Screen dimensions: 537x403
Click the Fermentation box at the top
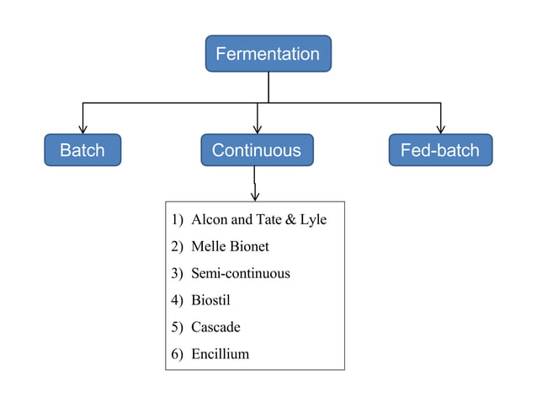click(x=268, y=53)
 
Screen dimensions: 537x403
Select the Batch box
click(x=82, y=150)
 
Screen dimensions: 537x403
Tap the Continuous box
click(x=257, y=150)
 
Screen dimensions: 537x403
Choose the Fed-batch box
click(x=440, y=150)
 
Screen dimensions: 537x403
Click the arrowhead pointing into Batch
click(x=82, y=130)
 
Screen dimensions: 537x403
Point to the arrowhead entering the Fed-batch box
click(x=441, y=130)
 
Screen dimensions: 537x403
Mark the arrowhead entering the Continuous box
click(x=258, y=130)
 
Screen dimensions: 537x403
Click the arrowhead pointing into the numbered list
click(x=255, y=197)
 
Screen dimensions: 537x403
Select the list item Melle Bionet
click(x=230, y=246)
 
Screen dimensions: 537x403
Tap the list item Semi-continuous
click(x=241, y=273)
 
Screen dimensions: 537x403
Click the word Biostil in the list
click(x=210, y=300)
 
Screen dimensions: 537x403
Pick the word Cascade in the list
click(x=215, y=327)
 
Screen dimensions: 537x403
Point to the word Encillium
click(x=221, y=353)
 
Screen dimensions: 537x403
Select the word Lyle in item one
click(x=313, y=220)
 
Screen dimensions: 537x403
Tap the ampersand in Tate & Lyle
click(x=290, y=219)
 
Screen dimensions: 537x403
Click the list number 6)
click(x=177, y=354)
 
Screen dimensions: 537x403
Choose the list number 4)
click(x=177, y=301)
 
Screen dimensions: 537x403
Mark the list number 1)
click(x=177, y=220)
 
